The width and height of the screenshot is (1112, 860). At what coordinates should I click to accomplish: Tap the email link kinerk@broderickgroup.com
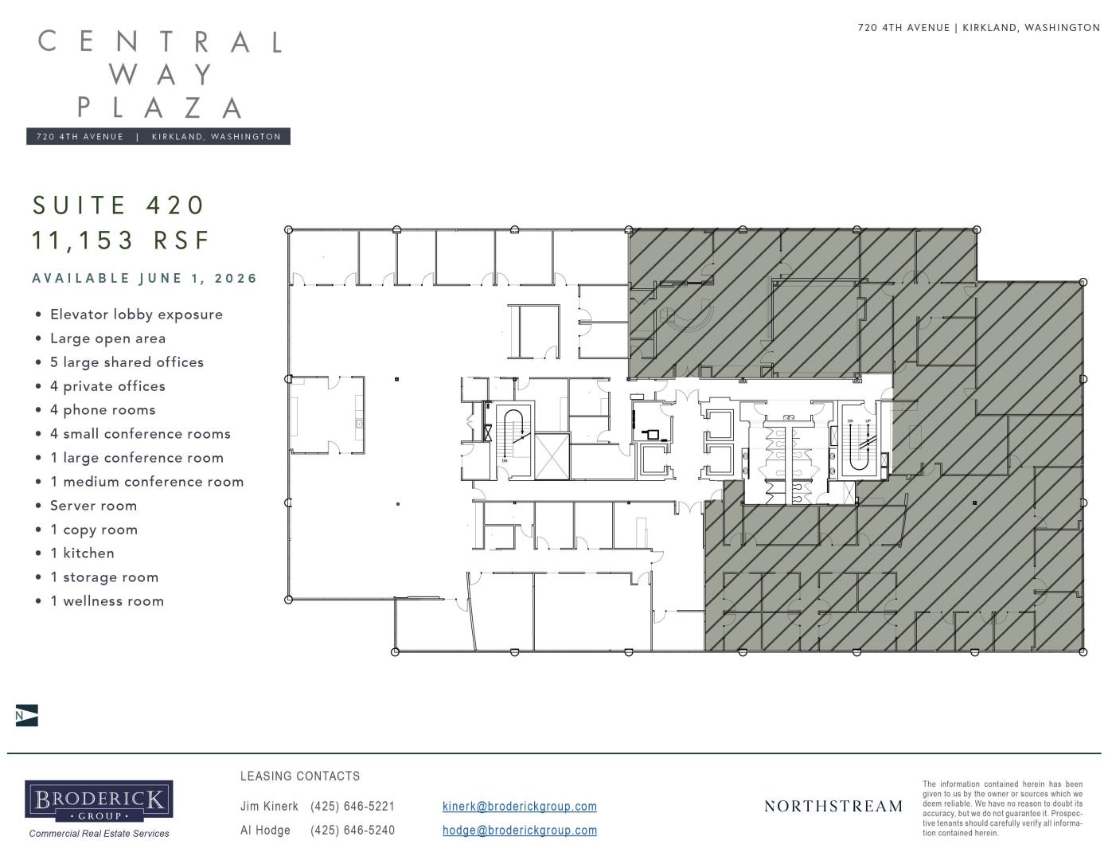point(520,806)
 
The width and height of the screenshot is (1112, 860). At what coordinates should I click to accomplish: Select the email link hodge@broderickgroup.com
point(520,831)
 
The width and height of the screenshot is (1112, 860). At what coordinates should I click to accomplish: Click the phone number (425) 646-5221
point(353,806)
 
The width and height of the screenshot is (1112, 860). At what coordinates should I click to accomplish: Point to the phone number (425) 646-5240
point(353,831)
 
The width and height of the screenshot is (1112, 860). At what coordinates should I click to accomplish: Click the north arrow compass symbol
point(26,715)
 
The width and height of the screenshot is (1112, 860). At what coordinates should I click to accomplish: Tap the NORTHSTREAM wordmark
point(833,806)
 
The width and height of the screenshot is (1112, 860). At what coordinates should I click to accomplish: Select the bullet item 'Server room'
point(93,506)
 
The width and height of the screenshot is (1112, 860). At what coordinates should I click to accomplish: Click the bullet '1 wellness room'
point(107,601)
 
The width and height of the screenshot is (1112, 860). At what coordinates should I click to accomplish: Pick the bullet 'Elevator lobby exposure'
point(136,315)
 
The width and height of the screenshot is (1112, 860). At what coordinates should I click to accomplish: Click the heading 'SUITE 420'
point(119,205)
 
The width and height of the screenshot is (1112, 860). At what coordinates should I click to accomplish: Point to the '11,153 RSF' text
point(121,240)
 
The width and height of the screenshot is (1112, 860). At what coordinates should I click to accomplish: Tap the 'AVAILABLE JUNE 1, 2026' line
point(144,279)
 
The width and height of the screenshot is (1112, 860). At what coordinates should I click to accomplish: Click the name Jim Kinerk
point(269,806)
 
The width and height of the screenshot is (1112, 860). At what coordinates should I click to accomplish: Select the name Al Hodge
point(265,831)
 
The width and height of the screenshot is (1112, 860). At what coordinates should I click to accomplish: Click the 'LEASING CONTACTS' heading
point(300,776)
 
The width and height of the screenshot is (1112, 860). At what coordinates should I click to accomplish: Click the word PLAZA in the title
point(160,108)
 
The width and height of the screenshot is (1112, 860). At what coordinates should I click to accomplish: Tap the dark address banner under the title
point(158,137)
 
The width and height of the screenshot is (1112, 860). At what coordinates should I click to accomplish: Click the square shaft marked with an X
point(552,456)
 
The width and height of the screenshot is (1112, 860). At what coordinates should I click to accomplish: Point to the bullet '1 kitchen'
point(82,553)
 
